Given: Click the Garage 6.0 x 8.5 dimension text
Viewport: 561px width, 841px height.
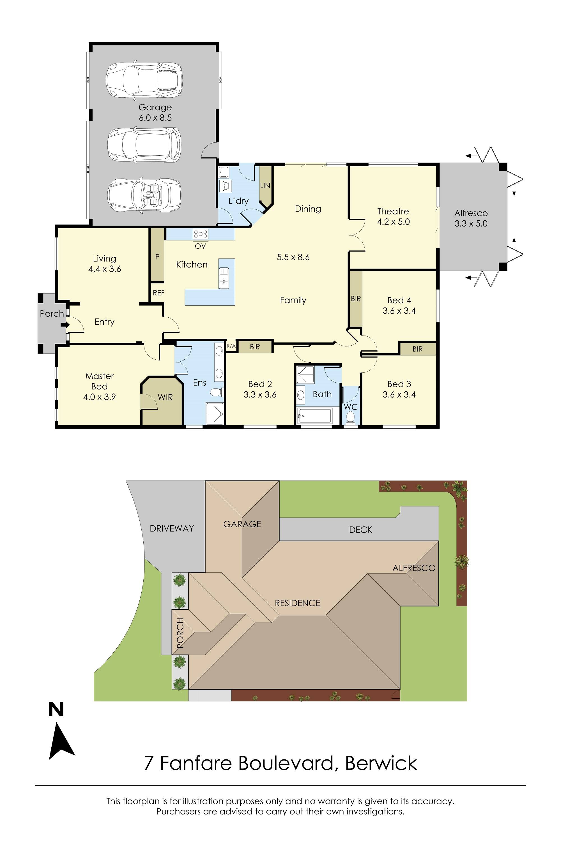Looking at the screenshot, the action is [x=155, y=118].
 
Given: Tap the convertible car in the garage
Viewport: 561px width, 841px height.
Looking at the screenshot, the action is [x=144, y=195].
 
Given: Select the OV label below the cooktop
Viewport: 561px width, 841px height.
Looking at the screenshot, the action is [x=200, y=246].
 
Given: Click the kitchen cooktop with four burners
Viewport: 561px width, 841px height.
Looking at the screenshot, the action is [x=200, y=234].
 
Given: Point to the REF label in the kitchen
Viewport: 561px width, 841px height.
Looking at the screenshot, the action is [x=158, y=293].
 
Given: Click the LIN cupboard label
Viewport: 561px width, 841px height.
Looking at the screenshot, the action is [x=265, y=186].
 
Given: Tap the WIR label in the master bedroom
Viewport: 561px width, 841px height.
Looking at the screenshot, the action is [x=165, y=397].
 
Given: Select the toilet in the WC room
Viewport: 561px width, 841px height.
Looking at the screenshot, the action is [x=351, y=417].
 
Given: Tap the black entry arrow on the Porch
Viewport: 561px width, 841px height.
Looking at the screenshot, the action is [x=65, y=325].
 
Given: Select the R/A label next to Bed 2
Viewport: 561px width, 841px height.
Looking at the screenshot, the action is [x=231, y=346].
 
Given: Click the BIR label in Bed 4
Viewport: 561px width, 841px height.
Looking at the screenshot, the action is [x=356, y=299].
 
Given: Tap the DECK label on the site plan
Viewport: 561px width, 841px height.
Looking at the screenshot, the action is [x=361, y=530].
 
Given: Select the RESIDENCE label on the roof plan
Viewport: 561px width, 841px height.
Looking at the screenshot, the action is [x=297, y=603].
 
